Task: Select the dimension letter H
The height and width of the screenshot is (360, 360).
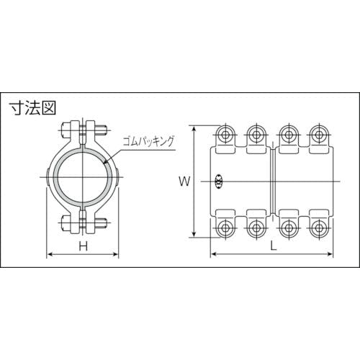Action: [84, 247]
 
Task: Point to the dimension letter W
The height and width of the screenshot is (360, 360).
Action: [184, 182]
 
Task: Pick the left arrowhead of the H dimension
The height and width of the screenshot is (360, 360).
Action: [49, 255]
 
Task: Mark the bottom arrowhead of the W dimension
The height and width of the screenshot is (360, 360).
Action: [194, 236]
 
